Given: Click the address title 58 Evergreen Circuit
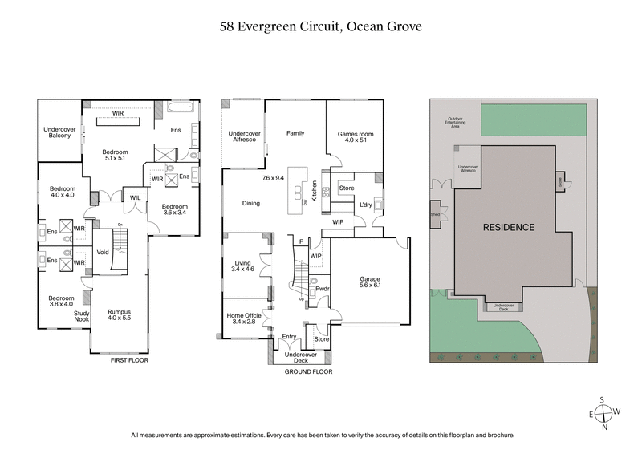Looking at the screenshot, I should (320, 26).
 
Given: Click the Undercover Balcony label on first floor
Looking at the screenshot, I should (58, 132).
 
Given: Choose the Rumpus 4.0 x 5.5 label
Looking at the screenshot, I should (119, 315).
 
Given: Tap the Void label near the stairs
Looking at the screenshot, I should (102, 252).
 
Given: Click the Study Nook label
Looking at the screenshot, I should (82, 316).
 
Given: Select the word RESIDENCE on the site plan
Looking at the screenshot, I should (508, 227).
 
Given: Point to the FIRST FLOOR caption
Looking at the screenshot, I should (129, 360).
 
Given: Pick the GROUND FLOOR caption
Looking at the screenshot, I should (309, 371).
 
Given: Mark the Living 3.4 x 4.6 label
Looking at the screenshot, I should (243, 266).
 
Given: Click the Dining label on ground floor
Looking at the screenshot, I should (251, 203).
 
